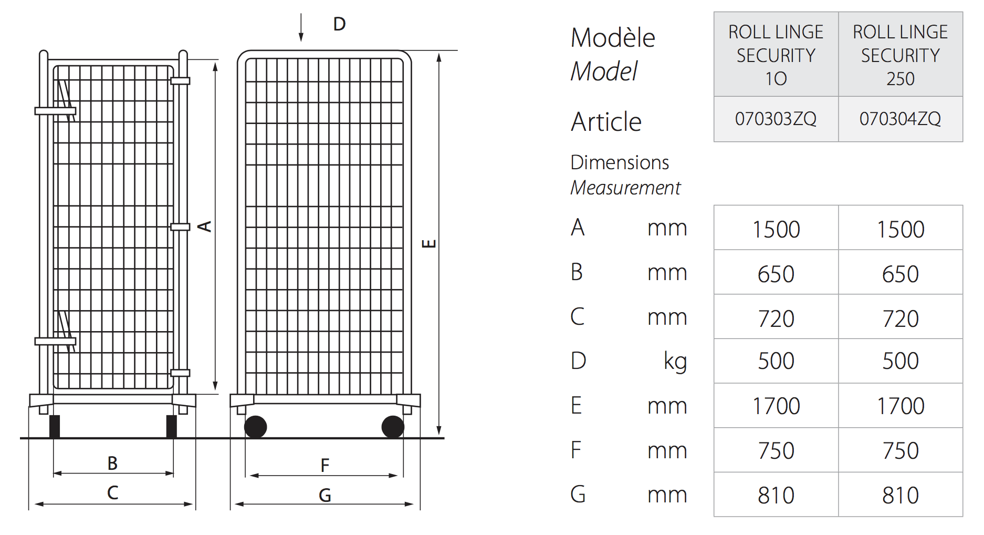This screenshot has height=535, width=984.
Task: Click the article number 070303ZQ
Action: (x=776, y=119)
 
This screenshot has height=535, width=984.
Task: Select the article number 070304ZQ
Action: (x=900, y=119)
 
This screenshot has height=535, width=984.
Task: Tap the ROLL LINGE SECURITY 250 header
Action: (x=900, y=55)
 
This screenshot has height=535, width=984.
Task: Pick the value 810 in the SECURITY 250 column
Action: (x=900, y=495)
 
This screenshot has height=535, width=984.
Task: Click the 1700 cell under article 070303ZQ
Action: (x=776, y=406)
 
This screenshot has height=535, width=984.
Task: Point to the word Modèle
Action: (x=613, y=38)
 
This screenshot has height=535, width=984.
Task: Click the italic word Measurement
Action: (x=625, y=188)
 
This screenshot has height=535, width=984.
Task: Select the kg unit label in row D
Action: (x=675, y=362)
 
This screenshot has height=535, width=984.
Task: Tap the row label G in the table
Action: (x=578, y=495)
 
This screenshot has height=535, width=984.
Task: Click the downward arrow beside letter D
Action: (x=301, y=27)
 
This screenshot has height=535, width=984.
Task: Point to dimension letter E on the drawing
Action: (x=430, y=243)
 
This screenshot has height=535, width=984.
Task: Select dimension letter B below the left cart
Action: (x=112, y=463)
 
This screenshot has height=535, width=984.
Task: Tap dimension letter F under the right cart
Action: (x=325, y=465)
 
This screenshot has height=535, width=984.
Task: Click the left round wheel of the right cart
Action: (x=256, y=427)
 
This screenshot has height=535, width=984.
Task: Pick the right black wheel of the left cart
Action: (x=171, y=426)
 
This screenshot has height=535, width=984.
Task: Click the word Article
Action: (x=606, y=122)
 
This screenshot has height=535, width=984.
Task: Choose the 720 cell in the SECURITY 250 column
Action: (x=900, y=318)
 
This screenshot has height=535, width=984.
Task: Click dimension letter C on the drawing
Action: (x=112, y=492)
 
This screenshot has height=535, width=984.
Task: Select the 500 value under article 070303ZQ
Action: (x=776, y=361)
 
